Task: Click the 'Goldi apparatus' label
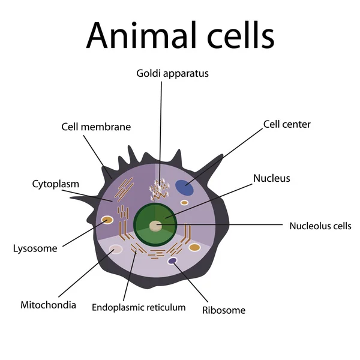pyautogui.click(x=172, y=74)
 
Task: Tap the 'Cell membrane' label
pyautogui.click(x=96, y=127)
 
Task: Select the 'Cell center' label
pyautogui.click(x=287, y=124)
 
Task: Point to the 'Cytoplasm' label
pyautogui.click(x=56, y=184)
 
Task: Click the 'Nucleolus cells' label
pyautogui.click(x=320, y=226)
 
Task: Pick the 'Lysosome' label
pyautogui.click(x=35, y=248)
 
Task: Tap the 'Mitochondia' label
pyautogui.click(x=48, y=305)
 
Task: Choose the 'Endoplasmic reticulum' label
pyautogui.click(x=139, y=307)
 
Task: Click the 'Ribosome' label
pyautogui.click(x=224, y=310)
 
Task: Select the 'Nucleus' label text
pyautogui.click(x=272, y=178)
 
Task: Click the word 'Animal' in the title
pyautogui.click(x=142, y=35)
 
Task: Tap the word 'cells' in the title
pyautogui.click(x=241, y=35)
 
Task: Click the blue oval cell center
pyautogui.click(x=184, y=188)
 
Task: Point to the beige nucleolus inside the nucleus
pyautogui.click(x=155, y=226)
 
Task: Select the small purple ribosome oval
pyautogui.click(x=172, y=261)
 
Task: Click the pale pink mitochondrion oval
pyautogui.click(x=116, y=250)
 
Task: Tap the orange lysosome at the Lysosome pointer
pyautogui.click(x=107, y=220)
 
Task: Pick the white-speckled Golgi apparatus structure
pyautogui.click(x=160, y=190)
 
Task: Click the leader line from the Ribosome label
pyautogui.click(x=191, y=283)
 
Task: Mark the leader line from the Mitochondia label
pyautogui.click(x=86, y=274)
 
